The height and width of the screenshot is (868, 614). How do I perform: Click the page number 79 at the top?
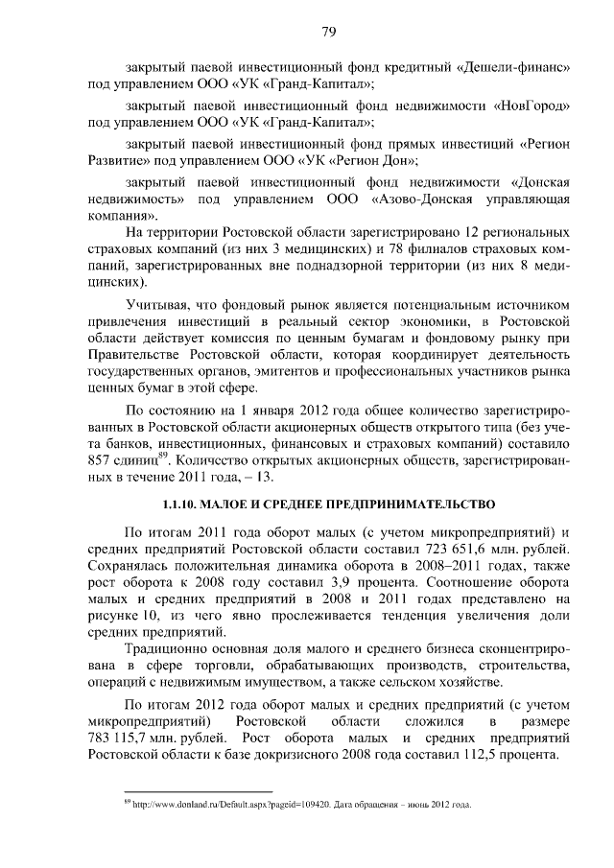[327, 33]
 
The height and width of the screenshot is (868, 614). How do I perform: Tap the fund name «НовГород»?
[533, 106]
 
